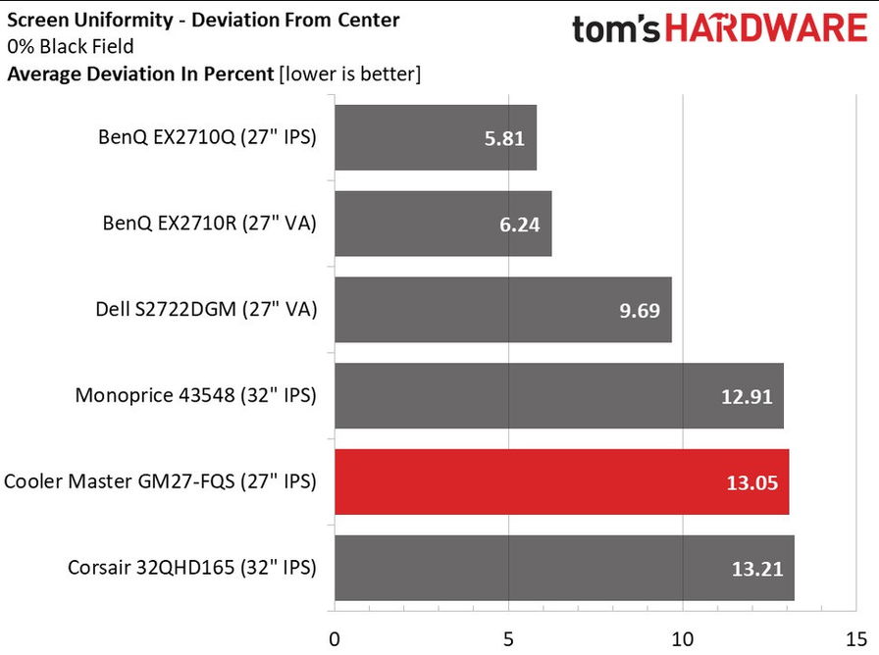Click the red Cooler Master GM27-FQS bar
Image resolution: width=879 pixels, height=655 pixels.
pyautogui.click(x=561, y=481)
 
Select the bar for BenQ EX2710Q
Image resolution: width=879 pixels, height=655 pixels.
pyautogui.click(x=436, y=137)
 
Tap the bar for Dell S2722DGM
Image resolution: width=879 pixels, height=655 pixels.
pyautogui.click(x=502, y=310)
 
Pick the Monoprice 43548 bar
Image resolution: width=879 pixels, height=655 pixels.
pyautogui.click(x=558, y=396)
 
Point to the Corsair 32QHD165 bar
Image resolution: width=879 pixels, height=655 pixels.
pyautogui.click(x=564, y=568)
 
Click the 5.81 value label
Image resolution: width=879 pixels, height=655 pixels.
pyautogui.click(x=504, y=138)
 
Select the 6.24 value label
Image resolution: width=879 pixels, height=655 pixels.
pyautogui.click(x=520, y=225)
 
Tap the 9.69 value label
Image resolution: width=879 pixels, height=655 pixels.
pyautogui.click(x=640, y=311)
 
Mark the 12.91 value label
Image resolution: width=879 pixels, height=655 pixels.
pyautogui.click(x=748, y=397)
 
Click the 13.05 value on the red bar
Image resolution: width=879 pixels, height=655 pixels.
pyautogui.click(x=752, y=482)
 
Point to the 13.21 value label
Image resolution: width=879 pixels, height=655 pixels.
pyautogui.click(x=757, y=569)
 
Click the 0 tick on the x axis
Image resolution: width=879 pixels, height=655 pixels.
pyautogui.click(x=335, y=638)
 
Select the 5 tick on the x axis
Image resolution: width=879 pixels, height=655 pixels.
pyautogui.click(x=509, y=638)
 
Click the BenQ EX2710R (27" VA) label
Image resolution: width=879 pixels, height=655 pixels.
pyautogui.click(x=209, y=224)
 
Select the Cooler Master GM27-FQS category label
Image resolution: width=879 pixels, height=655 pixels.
pyautogui.click(x=161, y=481)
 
